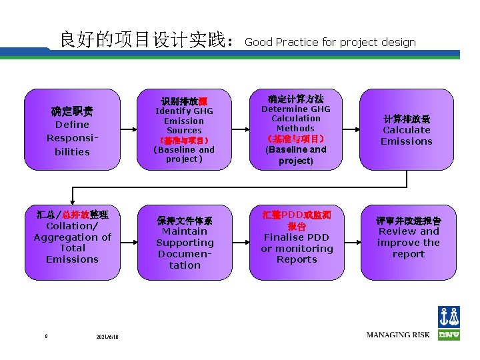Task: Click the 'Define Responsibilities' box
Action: tap(72, 131)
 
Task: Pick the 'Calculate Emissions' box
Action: tap(407, 131)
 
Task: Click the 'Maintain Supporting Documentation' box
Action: tap(185, 241)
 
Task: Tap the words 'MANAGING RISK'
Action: tap(398, 335)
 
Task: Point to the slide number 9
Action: tap(46, 336)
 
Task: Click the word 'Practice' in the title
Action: tap(297, 43)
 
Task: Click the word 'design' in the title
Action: tap(399, 43)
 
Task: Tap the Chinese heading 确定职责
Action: tap(72, 111)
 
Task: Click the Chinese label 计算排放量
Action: tap(407, 119)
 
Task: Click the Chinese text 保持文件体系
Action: tap(185, 220)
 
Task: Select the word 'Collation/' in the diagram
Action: tap(72, 226)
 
